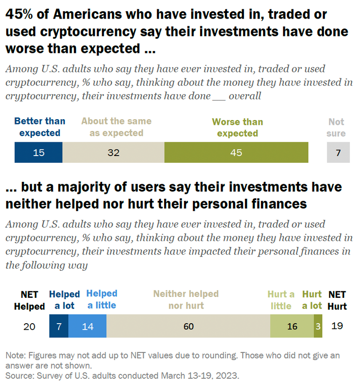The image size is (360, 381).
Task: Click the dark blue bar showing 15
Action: pyautogui.click(x=39, y=152)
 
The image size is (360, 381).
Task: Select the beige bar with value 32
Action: pyautogui.click(x=113, y=152)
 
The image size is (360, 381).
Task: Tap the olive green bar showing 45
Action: pyautogui.click(x=236, y=152)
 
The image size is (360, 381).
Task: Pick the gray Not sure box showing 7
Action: pyautogui.click(x=338, y=152)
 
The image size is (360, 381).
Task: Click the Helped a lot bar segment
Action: pyautogui.click(x=59, y=326)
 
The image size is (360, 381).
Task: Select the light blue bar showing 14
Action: pyautogui.click(x=88, y=326)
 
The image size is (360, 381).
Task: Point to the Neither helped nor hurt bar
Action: pyautogui.click(x=188, y=326)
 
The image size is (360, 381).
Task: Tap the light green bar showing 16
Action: pyautogui.click(x=292, y=326)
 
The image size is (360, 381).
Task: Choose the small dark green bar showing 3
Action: pyautogui.click(x=318, y=326)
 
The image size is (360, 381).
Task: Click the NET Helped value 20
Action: pyautogui.click(x=29, y=326)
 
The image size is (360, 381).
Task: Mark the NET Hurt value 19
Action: pyautogui.click(x=337, y=326)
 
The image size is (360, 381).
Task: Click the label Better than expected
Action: pyautogui.click(x=40, y=127)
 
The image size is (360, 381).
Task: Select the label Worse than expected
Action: pyautogui.click(x=237, y=128)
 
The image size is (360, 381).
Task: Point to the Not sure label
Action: pyautogui.click(x=336, y=128)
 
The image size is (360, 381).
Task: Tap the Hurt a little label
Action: pyautogui.click(x=281, y=300)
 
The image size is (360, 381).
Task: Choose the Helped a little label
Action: pyautogui.click(x=102, y=299)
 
